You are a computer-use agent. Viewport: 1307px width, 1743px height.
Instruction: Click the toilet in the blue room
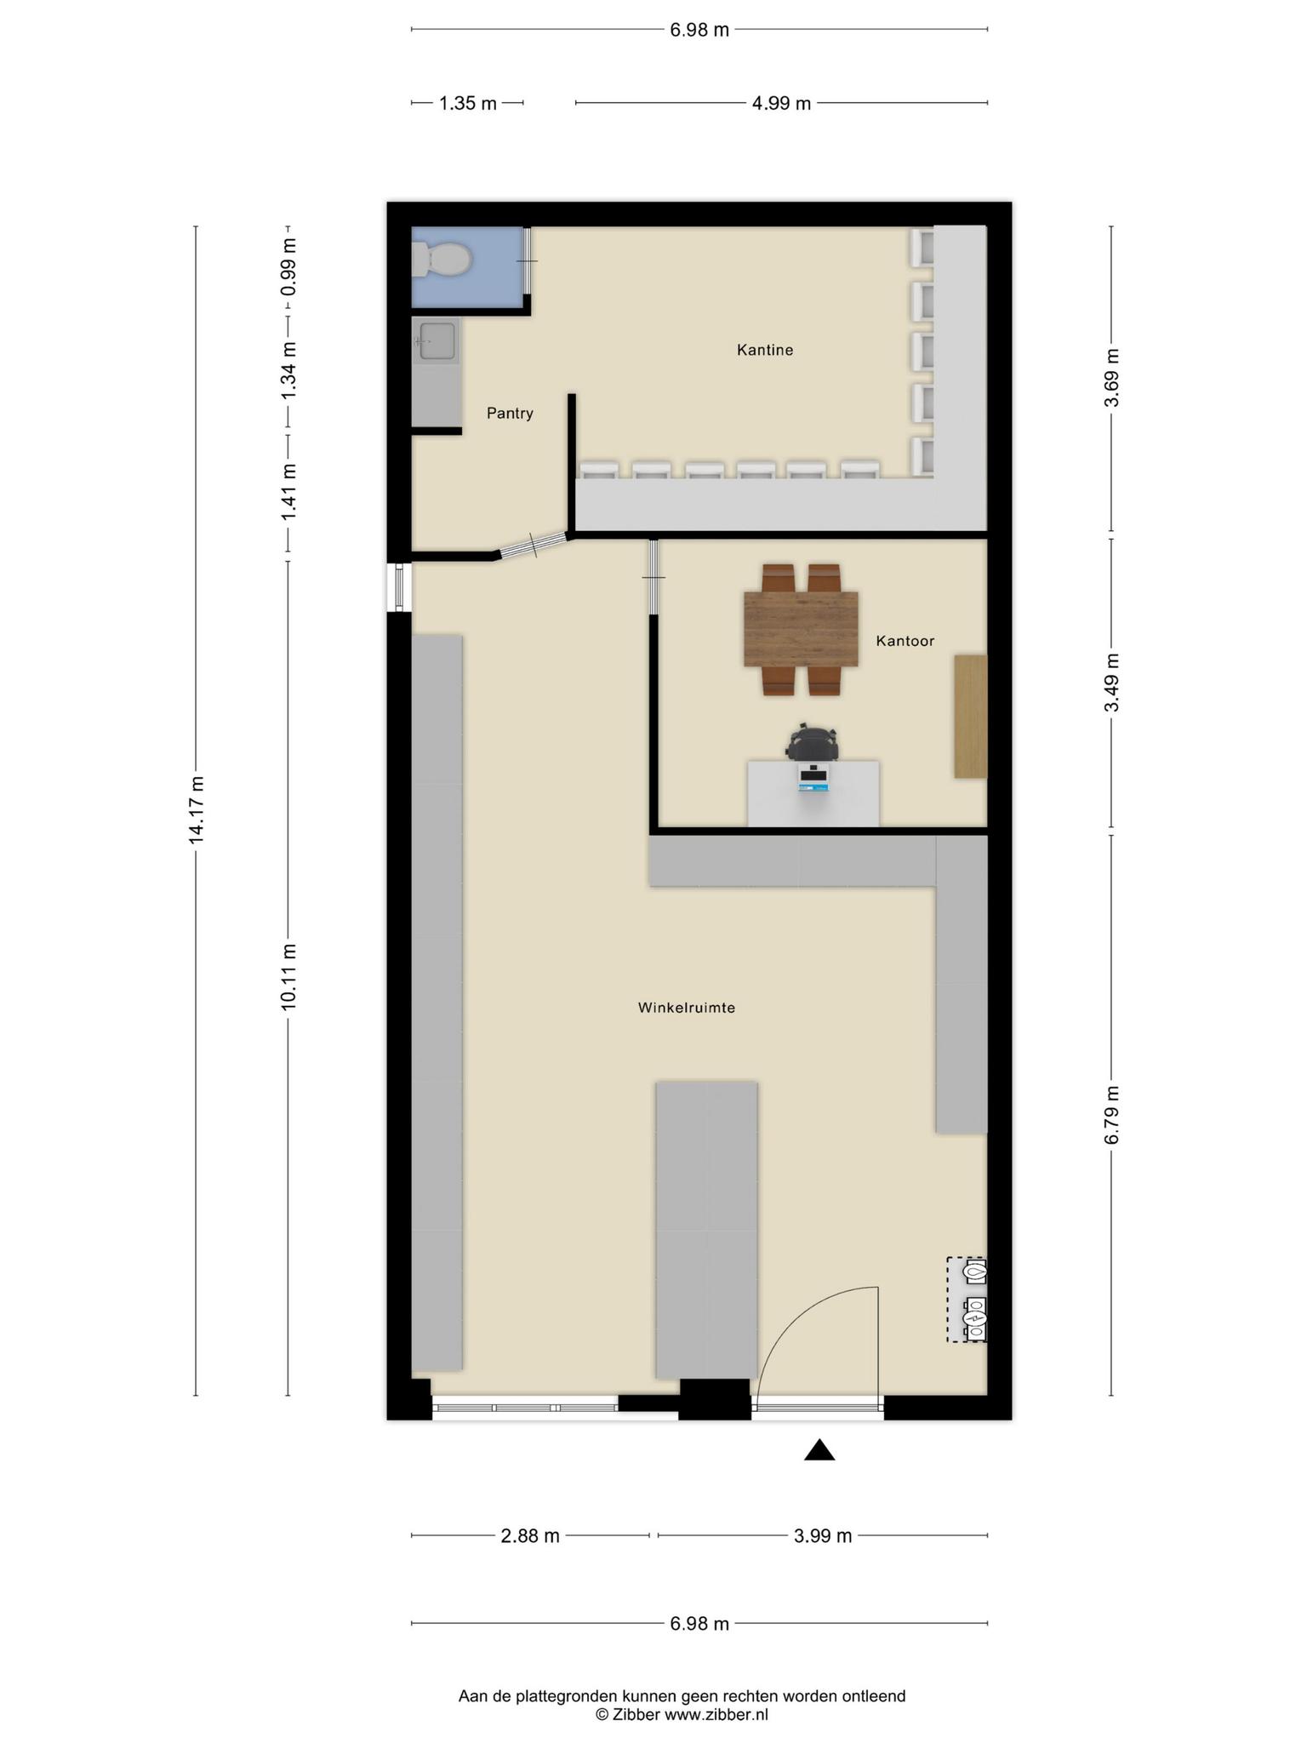coord(441,260)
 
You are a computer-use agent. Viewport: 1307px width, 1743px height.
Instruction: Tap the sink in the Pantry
coord(436,342)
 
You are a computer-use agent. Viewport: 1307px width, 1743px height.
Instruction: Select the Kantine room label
coord(765,350)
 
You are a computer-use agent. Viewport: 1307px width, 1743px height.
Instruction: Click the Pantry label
coord(510,414)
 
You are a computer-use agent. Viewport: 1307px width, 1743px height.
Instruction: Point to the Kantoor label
coord(905,641)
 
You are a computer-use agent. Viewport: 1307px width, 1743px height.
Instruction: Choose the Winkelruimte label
coord(687,1008)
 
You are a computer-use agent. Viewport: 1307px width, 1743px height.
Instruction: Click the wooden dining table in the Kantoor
coord(801,629)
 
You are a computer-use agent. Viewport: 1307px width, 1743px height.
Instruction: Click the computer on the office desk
coord(813,777)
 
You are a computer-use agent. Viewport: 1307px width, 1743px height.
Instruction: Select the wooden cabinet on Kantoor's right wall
coord(970,716)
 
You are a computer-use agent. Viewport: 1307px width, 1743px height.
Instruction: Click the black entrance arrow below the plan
coord(819,1449)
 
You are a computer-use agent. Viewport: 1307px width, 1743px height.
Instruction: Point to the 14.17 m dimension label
coord(197,810)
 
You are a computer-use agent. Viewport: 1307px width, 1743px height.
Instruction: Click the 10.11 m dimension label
coord(288,977)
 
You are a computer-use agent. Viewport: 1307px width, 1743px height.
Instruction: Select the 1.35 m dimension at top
coord(467,104)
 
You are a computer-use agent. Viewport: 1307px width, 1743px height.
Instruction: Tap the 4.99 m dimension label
coord(781,104)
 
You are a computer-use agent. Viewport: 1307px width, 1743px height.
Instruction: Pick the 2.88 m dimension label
coord(530,1536)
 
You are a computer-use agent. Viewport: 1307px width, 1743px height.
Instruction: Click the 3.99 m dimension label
coord(823,1536)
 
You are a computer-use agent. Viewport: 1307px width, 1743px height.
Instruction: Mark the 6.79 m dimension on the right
coord(1112,1116)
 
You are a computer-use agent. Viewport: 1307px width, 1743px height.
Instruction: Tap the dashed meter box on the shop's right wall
coord(967,1300)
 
